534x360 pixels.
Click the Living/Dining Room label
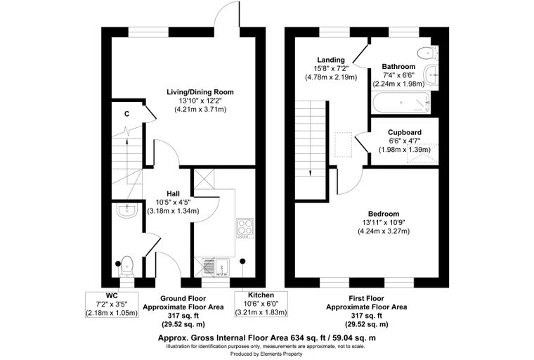click(200, 92)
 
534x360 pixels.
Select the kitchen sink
click(216, 267)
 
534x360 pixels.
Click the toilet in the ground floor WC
click(126, 266)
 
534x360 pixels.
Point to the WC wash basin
click(126, 210)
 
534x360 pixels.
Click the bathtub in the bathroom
click(401, 103)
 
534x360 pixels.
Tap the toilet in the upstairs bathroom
click(427, 53)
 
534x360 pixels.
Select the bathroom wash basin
click(431, 74)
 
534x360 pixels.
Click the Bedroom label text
click(384, 214)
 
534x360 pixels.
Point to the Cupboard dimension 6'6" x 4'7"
click(405, 141)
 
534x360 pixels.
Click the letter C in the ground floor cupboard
click(126, 114)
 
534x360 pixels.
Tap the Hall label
click(173, 194)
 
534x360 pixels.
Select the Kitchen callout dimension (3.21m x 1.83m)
click(261, 312)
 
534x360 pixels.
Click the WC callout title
click(112, 295)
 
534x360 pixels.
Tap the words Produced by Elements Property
click(266, 354)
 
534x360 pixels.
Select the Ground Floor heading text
click(183, 299)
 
